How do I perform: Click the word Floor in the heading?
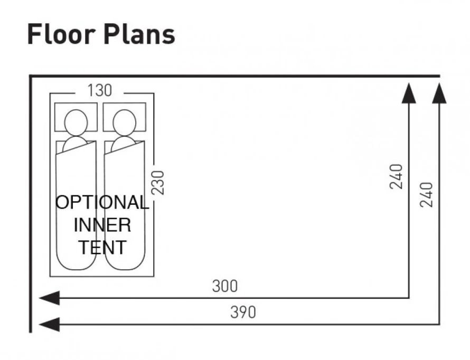56,35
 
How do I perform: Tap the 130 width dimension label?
99,91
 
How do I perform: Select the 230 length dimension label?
158,182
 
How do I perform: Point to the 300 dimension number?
225,286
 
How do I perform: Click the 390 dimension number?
243,312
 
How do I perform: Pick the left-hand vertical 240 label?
397,176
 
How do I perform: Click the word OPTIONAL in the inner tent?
102,203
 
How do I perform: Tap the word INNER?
102,225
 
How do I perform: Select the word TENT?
103,248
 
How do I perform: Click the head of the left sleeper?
76,121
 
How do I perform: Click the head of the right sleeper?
125,121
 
